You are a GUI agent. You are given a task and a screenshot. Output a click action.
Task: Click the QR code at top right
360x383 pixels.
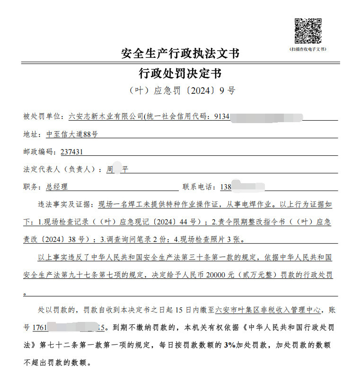click(x=308, y=31)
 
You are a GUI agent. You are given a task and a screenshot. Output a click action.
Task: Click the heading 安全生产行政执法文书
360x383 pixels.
click(x=180, y=53)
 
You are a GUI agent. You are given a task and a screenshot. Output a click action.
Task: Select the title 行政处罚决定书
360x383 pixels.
click(x=180, y=73)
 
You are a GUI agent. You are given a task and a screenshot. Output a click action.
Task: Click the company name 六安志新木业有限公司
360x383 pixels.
click(x=105, y=116)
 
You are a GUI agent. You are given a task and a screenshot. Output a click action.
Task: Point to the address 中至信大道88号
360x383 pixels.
click(x=72, y=134)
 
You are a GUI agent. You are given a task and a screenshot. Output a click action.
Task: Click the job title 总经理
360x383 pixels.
click(x=57, y=187)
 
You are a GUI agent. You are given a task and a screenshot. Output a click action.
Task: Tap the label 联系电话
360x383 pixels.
click(x=199, y=187)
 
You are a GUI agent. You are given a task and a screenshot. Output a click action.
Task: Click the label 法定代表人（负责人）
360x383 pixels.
click(x=61, y=169)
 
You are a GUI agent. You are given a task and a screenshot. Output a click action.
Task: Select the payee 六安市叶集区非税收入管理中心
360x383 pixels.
click(x=268, y=311)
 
